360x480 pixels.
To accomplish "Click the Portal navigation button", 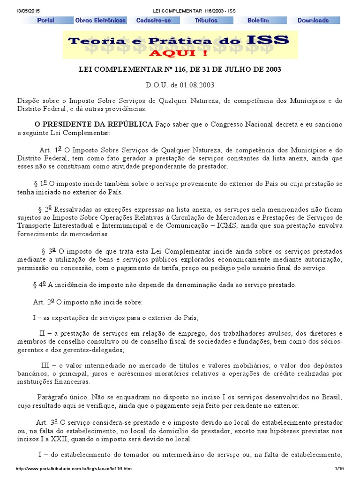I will click(46, 21).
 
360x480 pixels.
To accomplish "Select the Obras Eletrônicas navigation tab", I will click(100, 21).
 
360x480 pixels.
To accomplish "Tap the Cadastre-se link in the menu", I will click(154, 21).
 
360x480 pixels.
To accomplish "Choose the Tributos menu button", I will click(206, 21).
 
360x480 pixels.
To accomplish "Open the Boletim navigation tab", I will click(258, 21).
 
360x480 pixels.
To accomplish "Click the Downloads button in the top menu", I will click(313, 21).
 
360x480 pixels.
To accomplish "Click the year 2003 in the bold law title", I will click(272, 69).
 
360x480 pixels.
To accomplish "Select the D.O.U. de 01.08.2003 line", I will click(180, 85).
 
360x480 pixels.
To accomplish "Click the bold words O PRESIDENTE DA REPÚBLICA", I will click(94, 124).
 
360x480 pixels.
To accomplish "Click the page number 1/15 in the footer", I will click(339, 469).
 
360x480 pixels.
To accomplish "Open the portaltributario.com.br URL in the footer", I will click(73, 469).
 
